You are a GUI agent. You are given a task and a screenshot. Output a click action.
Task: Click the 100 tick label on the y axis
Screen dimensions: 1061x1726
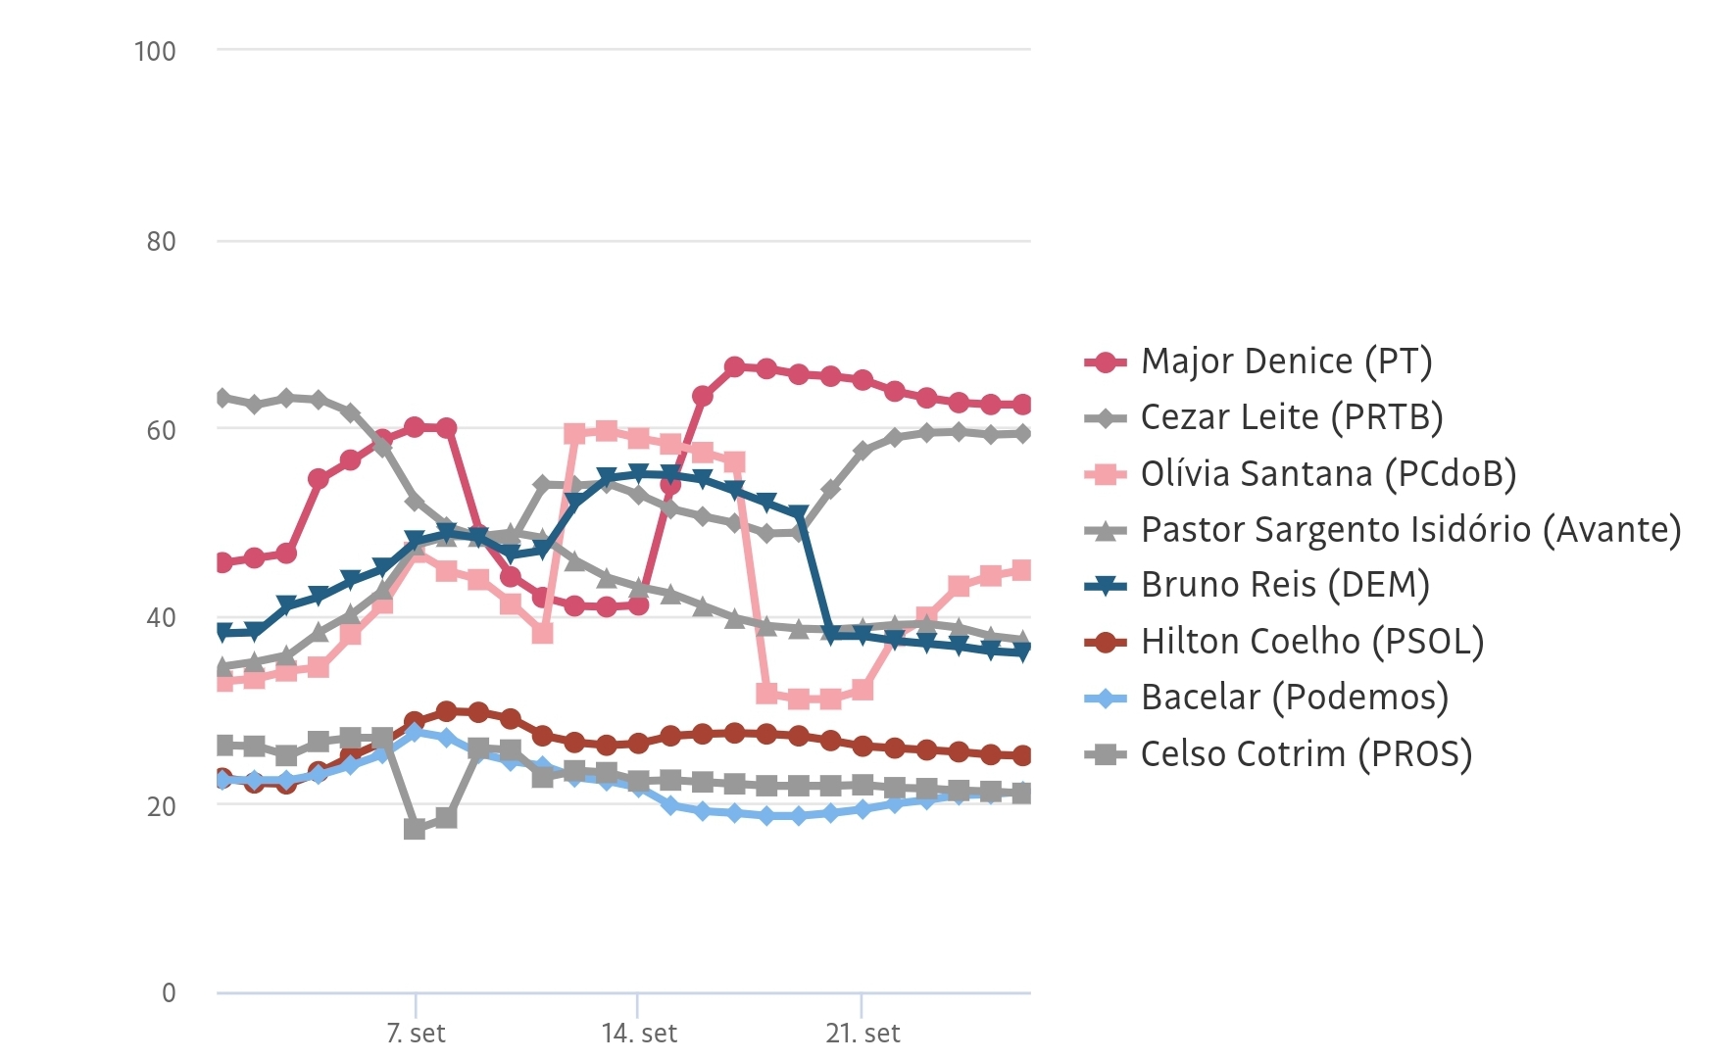(155, 51)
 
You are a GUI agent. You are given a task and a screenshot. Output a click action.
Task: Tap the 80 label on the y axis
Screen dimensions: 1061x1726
(161, 241)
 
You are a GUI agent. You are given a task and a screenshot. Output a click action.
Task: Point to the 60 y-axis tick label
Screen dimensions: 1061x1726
(161, 430)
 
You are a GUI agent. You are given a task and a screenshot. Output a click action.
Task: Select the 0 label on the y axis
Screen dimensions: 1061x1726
(169, 992)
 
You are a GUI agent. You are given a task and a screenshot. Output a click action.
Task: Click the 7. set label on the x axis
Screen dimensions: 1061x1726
(416, 1034)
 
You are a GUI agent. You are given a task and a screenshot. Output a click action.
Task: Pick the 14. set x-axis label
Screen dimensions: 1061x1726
(639, 1034)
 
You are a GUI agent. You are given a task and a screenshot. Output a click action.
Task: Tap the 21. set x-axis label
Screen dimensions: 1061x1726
(863, 1034)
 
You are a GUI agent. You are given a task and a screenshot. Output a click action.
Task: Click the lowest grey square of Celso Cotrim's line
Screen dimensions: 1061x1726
(415, 829)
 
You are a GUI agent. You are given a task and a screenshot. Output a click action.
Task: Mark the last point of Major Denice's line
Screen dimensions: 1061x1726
(1021, 405)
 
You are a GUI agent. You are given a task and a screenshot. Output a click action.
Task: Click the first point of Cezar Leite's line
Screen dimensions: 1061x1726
(223, 398)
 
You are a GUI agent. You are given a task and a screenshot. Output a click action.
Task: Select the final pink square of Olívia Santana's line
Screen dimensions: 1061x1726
(1021, 570)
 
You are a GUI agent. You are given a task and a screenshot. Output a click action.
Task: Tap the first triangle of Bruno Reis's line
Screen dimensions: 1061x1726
(223, 632)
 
